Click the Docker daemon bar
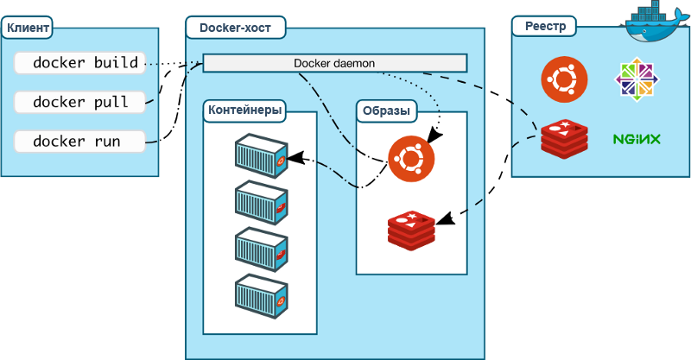[x=334, y=63]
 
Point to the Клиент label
[x=26, y=28]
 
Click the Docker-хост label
[x=235, y=28]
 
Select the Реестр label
[x=545, y=27]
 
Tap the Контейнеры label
[x=245, y=111]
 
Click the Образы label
[x=385, y=111]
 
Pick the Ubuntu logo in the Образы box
[x=411, y=159]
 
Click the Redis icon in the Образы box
[x=411, y=229]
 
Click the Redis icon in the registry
[x=564, y=138]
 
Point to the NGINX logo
[x=637, y=139]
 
